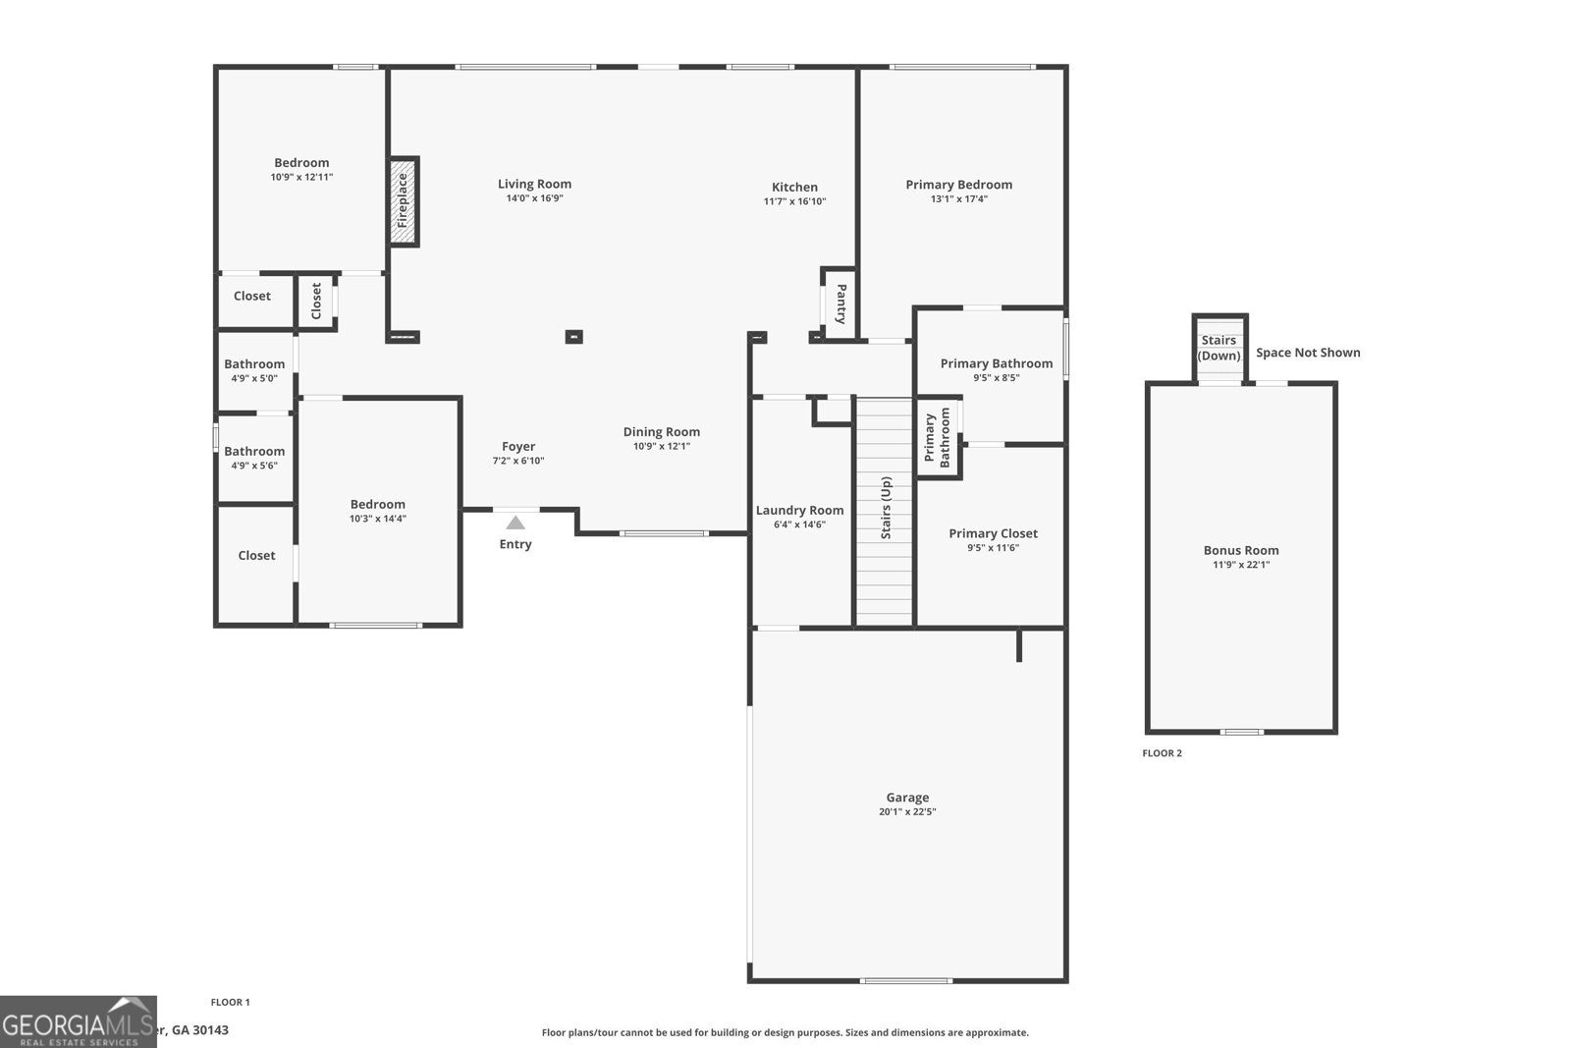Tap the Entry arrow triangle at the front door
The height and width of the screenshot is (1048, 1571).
[515, 524]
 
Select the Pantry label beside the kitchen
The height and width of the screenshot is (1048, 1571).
[841, 303]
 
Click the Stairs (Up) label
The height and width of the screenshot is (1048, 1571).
[886, 508]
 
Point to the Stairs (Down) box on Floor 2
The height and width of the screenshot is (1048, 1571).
[1219, 348]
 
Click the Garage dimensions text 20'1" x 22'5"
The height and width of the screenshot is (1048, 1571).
[907, 812]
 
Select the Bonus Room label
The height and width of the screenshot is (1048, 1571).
[1241, 550]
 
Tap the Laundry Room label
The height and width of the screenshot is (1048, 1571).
[799, 510]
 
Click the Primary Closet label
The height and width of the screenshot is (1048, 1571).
[993, 533]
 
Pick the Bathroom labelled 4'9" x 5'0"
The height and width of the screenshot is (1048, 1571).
[254, 370]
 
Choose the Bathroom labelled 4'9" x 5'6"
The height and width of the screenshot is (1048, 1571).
[254, 458]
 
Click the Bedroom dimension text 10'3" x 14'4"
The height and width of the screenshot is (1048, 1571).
[377, 519]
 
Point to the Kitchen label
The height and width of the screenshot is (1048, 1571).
[794, 187]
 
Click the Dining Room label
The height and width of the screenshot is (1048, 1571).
[661, 431]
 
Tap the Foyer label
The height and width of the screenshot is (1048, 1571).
[518, 446]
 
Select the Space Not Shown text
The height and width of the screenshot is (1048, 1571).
[1308, 353]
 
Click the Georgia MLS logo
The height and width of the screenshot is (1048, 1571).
[78, 1021]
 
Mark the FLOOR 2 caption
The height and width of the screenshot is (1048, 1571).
[1162, 753]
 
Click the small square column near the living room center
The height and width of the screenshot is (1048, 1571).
[574, 337]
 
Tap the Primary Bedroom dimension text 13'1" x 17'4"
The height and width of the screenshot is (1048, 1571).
[958, 198]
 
